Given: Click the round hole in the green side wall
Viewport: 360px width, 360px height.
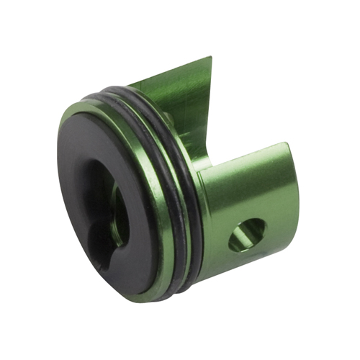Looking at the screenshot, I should tap(247, 235).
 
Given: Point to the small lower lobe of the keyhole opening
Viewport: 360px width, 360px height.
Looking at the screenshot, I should tap(105, 249).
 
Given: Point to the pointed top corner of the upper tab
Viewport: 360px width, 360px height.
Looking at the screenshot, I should tap(210, 58).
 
